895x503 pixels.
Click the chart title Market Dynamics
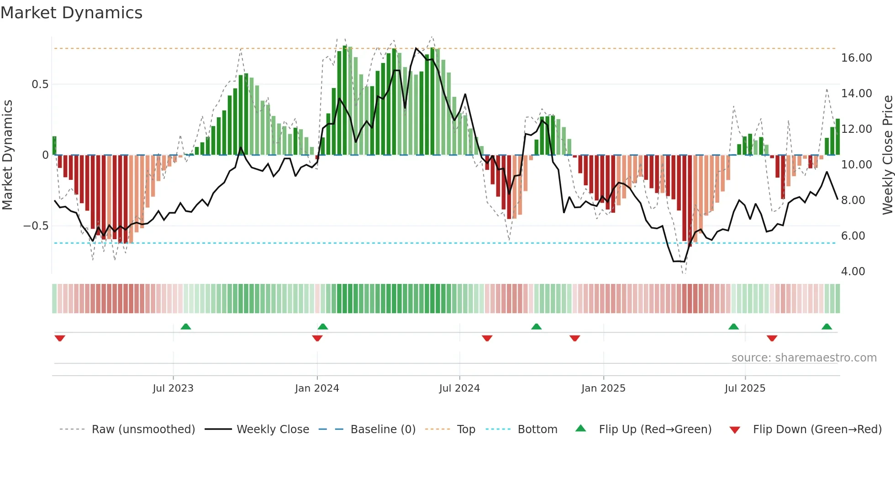click(71, 13)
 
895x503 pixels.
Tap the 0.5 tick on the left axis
click(40, 84)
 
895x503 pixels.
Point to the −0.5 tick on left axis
click(36, 226)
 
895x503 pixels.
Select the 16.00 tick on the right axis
click(856, 58)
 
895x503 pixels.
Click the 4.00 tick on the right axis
click(853, 272)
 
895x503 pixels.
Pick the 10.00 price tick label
click(856, 165)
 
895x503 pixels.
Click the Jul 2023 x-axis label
click(173, 388)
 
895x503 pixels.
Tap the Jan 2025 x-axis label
click(603, 388)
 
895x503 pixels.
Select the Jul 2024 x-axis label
click(459, 388)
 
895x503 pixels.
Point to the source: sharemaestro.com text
click(804, 358)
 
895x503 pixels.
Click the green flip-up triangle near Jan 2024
click(323, 327)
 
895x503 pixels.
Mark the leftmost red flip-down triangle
click(60, 338)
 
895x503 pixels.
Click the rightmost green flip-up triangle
click(827, 327)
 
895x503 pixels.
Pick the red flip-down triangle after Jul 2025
click(772, 338)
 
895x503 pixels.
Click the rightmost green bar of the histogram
click(838, 137)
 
